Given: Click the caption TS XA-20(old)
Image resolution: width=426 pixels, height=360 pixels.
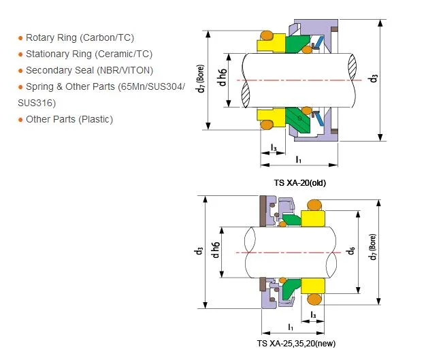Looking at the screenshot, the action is tap(299, 183).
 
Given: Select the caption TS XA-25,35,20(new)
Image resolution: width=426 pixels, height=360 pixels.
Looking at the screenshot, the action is tap(297, 344).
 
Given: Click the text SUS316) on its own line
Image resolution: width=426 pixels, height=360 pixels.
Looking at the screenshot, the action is tap(37, 103).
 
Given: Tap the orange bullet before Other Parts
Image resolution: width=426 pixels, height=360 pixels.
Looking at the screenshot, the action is tap(20, 120).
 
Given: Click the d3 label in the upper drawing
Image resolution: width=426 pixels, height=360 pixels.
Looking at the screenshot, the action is tap(374, 78).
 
